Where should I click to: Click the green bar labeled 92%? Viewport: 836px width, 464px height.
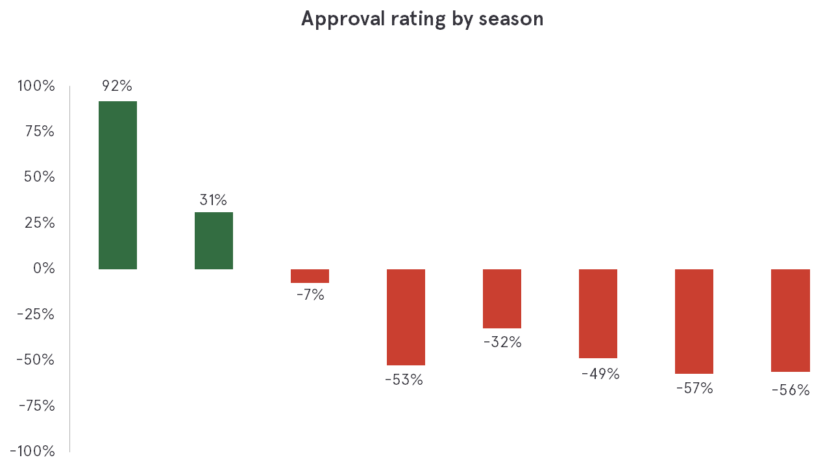[117, 185]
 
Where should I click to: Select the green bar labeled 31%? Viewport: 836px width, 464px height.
[214, 241]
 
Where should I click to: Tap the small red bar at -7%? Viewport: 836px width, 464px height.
[310, 276]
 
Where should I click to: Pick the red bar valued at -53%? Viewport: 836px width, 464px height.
[406, 317]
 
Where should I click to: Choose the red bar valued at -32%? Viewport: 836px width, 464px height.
[502, 299]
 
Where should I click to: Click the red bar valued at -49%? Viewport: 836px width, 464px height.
[598, 313]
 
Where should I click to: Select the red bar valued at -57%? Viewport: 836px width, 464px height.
[694, 321]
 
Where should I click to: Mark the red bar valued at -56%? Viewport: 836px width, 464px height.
[790, 321]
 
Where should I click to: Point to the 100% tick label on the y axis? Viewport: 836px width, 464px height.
[36, 86]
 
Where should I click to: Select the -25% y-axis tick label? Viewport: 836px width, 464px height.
[36, 314]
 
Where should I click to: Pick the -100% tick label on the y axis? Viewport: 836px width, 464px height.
[32, 451]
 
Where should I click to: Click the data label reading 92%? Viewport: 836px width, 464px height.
[117, 86]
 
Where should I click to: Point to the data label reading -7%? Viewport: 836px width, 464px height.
[310, 295]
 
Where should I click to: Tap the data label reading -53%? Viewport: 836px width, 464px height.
[404, 380]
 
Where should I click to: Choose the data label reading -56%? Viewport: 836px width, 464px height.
[791, 391]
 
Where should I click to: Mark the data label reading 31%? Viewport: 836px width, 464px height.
[214, 200]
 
